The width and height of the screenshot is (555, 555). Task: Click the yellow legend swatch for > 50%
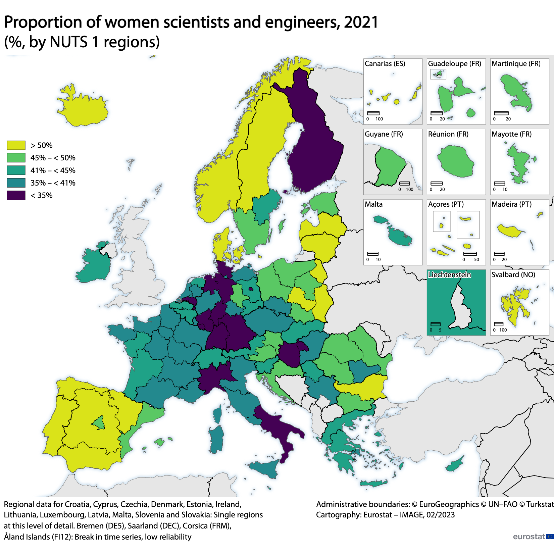(16, 145)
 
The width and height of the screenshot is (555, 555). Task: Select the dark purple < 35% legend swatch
(16, 195)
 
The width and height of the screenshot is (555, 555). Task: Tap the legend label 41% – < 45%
(53, 170)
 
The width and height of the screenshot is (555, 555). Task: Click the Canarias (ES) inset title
(385, 64)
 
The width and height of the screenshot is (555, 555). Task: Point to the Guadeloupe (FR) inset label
(454, 64)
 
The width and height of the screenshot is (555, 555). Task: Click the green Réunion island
(456, 161)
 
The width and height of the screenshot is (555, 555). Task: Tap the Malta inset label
(373, 204)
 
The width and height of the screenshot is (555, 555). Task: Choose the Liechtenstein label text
(449, 275)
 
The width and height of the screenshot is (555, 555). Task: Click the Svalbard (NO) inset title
(513, 275)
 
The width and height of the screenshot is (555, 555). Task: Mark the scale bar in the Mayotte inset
(499, 184)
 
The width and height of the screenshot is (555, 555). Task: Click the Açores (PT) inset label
(446, 204)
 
